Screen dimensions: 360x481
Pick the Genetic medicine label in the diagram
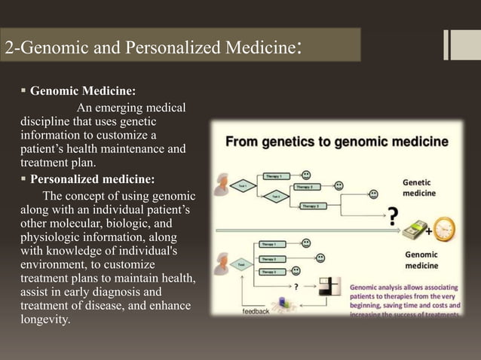(418, 188)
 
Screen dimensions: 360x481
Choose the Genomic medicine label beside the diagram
(421, 261)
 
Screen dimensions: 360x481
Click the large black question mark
(393, 215)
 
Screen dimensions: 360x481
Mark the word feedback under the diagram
(256, 310)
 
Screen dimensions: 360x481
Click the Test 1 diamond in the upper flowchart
(242, 185)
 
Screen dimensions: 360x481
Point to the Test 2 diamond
(276, 196)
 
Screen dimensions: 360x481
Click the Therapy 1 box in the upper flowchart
(275, 176)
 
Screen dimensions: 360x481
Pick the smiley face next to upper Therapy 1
(306, 174)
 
